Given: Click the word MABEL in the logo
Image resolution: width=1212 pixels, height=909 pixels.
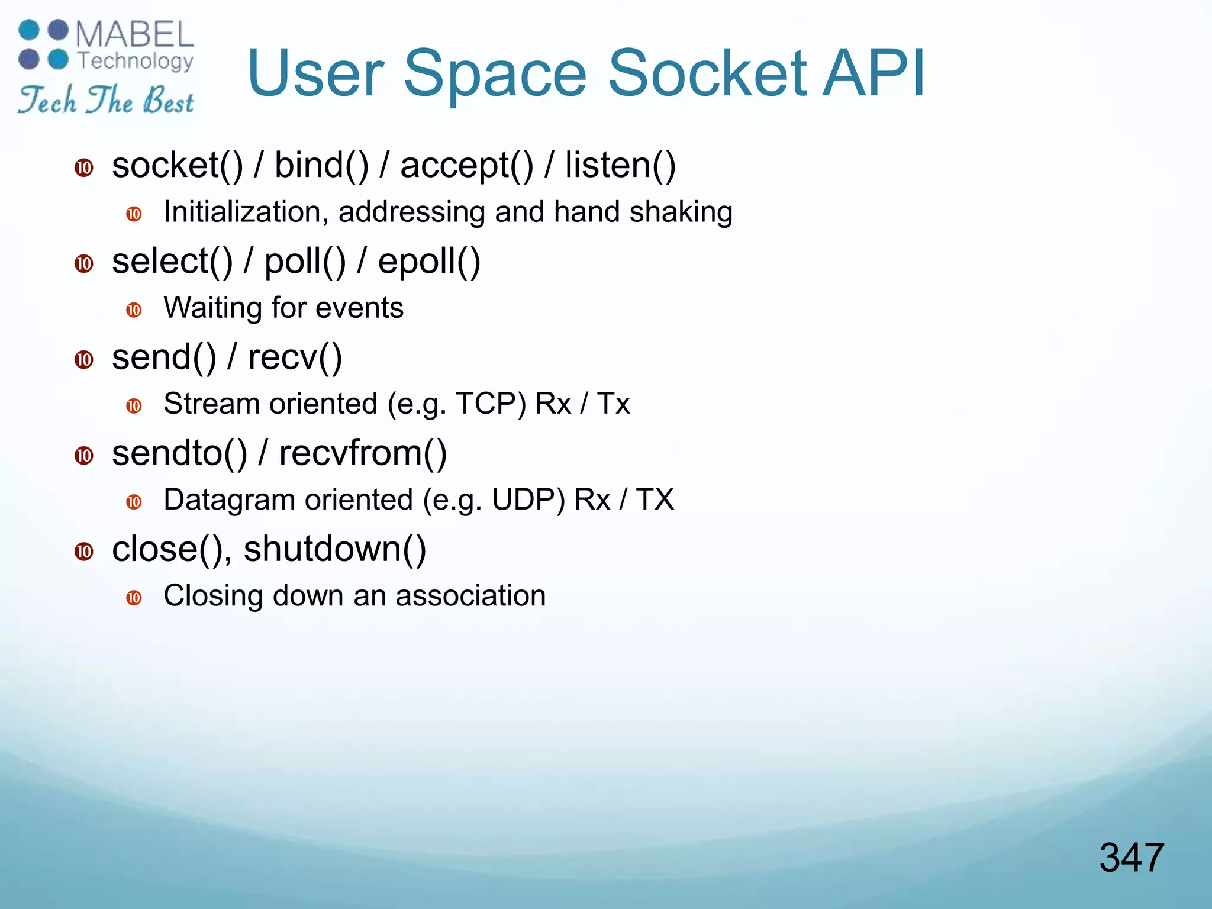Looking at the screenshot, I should pyautogui.click(x=135, y=34).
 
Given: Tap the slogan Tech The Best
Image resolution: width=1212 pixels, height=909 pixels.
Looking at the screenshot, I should pyautogui.click(x=106, y=99).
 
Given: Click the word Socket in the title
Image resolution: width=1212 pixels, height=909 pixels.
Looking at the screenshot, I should pyautogui.click(x=707, y=73).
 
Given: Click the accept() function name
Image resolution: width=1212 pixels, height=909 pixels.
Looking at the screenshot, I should pyautogui.click(x=466, y=166).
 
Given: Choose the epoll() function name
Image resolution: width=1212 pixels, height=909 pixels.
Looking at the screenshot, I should pyautogui.click(x=429, y=262).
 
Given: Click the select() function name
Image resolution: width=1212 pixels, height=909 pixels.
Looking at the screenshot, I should pyautogui.click(x=172, y=262).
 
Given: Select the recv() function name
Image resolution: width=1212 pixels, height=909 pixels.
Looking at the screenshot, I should pyautogui.click(x=295, y=357).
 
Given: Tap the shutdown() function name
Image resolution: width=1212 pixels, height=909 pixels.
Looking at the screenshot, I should pyautogui.click(x=334, y=549).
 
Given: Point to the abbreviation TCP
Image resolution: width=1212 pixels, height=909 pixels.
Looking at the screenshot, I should pyautogui.click(x=491, y=404).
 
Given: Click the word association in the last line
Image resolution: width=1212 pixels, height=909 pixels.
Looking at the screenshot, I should pyautogui.click(x=470, y=595).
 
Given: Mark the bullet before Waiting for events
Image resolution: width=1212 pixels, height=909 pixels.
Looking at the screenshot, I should pyautogui.click(x=134, y=310).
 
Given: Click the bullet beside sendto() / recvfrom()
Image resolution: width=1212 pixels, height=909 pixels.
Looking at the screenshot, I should pyautogui.click(x=84, y=456).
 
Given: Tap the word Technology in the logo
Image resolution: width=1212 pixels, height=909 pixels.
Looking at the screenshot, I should pyautogui.click(x=136, y=61).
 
